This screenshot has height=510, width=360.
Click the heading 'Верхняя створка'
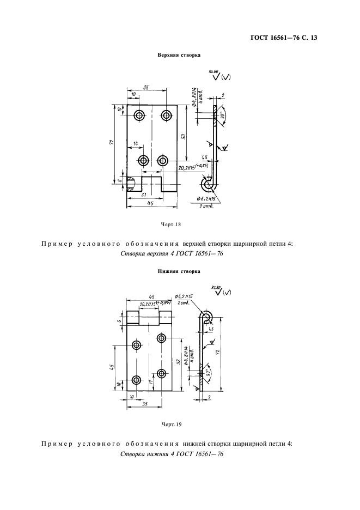[179, 55]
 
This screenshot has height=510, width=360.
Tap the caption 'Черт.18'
[171, 223]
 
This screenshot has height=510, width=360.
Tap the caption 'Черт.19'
[171, 423]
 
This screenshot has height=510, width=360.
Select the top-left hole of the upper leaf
[139, 115]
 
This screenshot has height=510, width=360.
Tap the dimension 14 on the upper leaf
[135, 143]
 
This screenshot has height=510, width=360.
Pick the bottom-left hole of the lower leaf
[136, 380]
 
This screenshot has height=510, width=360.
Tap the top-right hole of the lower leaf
[161, 338]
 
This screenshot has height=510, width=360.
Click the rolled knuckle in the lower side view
[206, 317]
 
